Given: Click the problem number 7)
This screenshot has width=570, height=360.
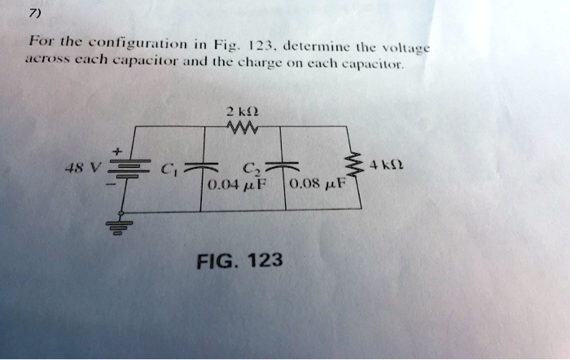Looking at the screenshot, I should pyautogui.click(x=33, y=13).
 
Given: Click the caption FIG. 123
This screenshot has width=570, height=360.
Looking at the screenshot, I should pyautogui.click(x=241, y=261).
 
